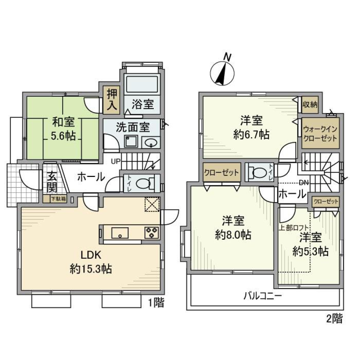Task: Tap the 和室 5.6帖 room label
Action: point(63,128)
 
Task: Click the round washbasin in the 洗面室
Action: point(151,142)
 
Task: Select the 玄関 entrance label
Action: point(51,182)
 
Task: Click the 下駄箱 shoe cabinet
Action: point(58,199)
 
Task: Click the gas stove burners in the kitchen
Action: point(152,232)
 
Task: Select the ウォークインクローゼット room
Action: point(320,133)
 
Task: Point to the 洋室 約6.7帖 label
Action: point(251,127)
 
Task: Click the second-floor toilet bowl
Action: point(260,172)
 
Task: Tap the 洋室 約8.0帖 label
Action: point(233,228)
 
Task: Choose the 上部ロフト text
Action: point(294,227)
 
